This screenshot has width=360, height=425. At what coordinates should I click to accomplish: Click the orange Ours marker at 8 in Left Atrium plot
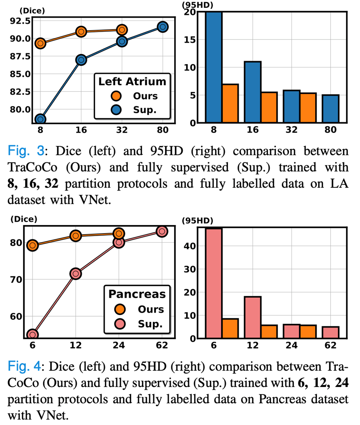[x=40, y=43]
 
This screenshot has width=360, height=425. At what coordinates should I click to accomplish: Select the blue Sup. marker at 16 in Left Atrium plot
[x=81, y=60]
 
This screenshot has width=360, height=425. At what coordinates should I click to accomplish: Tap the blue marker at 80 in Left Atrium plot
[x=163, y=27]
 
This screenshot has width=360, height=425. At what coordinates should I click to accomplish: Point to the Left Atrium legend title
[x=132, y=82]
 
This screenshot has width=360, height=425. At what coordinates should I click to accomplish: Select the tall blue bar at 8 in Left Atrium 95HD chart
[x=214, y=67]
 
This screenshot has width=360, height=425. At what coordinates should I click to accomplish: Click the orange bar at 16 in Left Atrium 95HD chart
[x=269, y=107]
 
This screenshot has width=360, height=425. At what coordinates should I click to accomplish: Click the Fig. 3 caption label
[x=27, y=151]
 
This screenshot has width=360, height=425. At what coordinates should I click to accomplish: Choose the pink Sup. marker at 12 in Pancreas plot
[x=75, y=273]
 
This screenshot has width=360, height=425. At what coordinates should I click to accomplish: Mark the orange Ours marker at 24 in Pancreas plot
[x=119, y=233]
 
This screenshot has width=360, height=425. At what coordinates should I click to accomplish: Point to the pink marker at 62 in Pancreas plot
[x=162, y=231]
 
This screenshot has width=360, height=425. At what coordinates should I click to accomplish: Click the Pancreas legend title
[x=137, y=294]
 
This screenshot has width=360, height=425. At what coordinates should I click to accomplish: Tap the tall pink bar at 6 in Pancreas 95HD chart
[x=214, y=283]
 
